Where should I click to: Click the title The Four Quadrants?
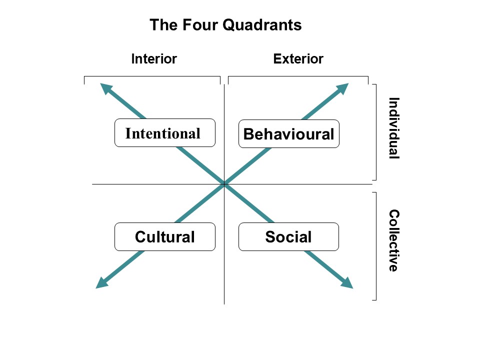[x=225, y=25]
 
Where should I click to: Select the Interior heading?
[x=154, y=59]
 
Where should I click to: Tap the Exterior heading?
[x=298, y=59]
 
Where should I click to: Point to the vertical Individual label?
[x=394, y=128]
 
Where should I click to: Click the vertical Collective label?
[x=394, y=240]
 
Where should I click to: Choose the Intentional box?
[x=164, y=133]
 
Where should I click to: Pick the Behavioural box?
[x=288, y=134]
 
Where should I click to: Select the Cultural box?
[x=164, y=237]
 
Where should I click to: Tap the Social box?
[x=288, y=237]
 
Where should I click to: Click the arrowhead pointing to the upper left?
[x=105, y=88]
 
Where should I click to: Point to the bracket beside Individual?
[x=375, y=132]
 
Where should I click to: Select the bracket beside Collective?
[x=375, y=246]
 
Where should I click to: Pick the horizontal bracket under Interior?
[x=152, y=77]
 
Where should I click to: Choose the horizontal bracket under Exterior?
[x=298, y=77]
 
